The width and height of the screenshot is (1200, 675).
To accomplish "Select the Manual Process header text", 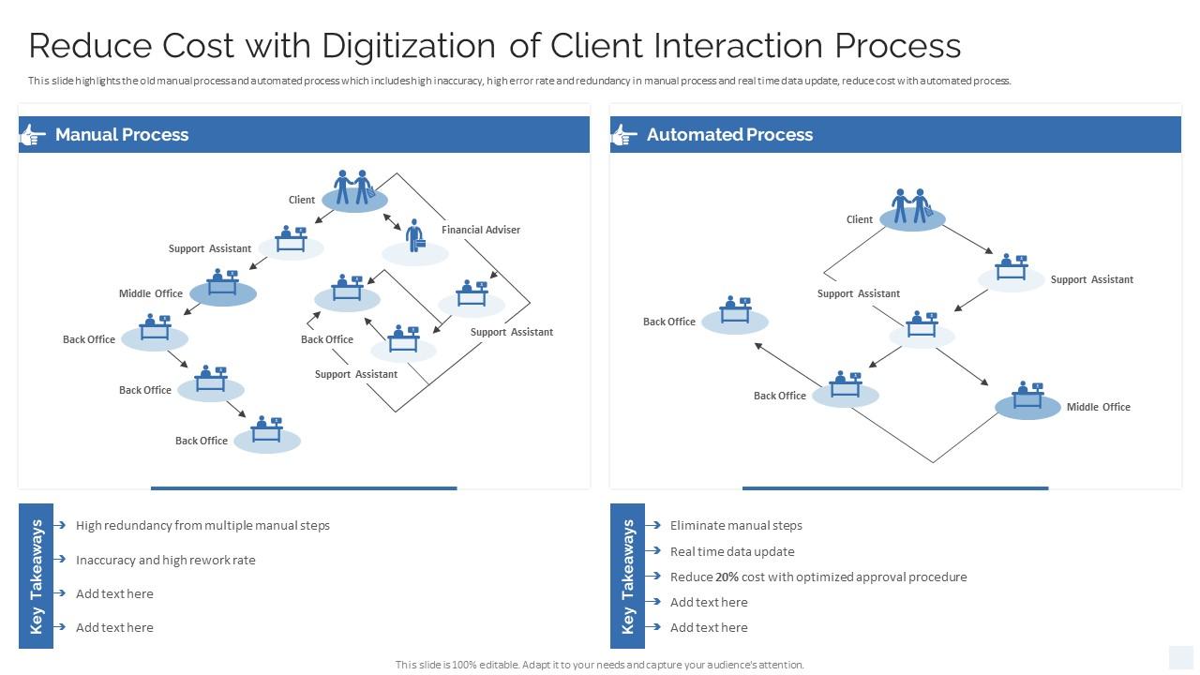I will click(x=122, y=134).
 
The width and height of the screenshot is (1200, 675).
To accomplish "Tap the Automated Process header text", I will click(x=729, y=134).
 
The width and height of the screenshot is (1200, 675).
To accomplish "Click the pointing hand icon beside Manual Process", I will click(x=33, y=135).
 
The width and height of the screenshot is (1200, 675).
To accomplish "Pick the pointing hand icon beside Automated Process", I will click(x=624, y=135).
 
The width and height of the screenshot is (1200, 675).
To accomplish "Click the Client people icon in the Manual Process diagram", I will click(x=354, y=187).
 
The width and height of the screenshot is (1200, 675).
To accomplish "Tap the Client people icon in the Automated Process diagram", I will click(x=911, y=206).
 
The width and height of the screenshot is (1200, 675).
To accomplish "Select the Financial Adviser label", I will click(x=480, y=230).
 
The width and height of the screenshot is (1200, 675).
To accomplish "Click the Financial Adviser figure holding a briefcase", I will click(x=414, y=236).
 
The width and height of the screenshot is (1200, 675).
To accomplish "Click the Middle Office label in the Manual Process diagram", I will click(x=150, y=293).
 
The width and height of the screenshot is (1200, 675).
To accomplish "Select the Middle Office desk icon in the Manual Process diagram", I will click(x=223, y=283).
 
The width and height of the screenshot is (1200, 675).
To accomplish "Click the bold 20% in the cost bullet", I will click(x=727, y=577).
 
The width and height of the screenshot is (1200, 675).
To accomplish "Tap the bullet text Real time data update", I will click(x=731, y=551).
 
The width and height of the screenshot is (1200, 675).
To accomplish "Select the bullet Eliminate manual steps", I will click(x=735, y=525).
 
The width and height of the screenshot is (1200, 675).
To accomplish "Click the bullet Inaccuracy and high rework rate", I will click(x=165, y=560).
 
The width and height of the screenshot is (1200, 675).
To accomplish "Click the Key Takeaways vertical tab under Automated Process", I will click(x=627, y=576).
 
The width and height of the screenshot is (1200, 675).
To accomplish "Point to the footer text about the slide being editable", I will click(x=599, y=665).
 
